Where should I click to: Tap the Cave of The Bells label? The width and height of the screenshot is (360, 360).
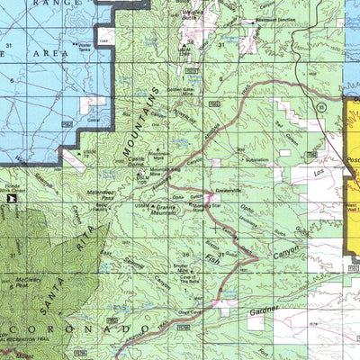point(189,283)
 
